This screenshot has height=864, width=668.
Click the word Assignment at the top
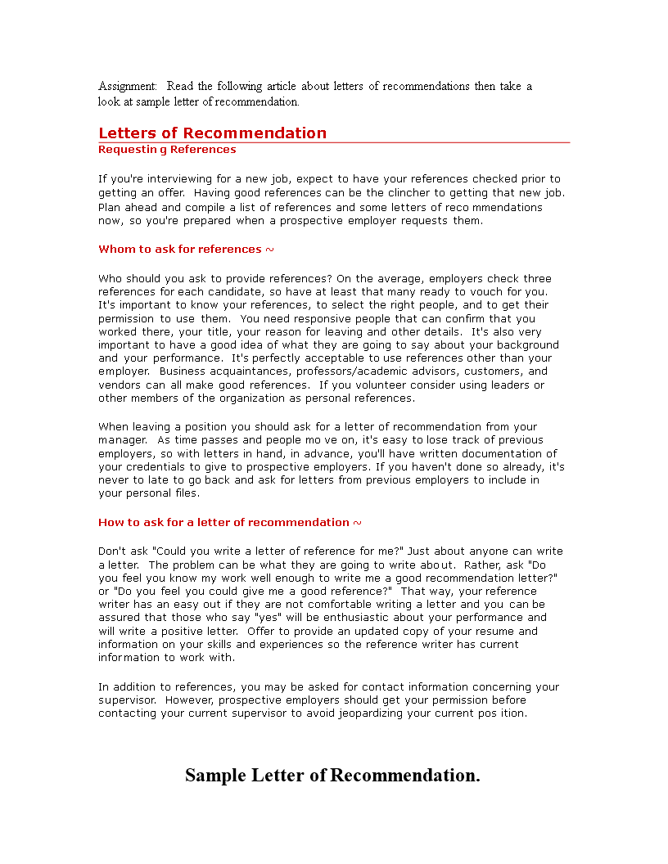point(127,86)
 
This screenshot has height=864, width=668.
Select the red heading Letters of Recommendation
point(212,133)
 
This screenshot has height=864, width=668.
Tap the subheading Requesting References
point(167,150)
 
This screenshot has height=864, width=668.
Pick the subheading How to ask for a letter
point(229,523)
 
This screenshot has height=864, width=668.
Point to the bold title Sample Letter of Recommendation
point(332,775)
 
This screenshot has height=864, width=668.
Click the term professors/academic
point(343,371)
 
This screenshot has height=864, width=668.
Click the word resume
point(495,632)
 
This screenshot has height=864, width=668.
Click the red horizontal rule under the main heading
point(334,143)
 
